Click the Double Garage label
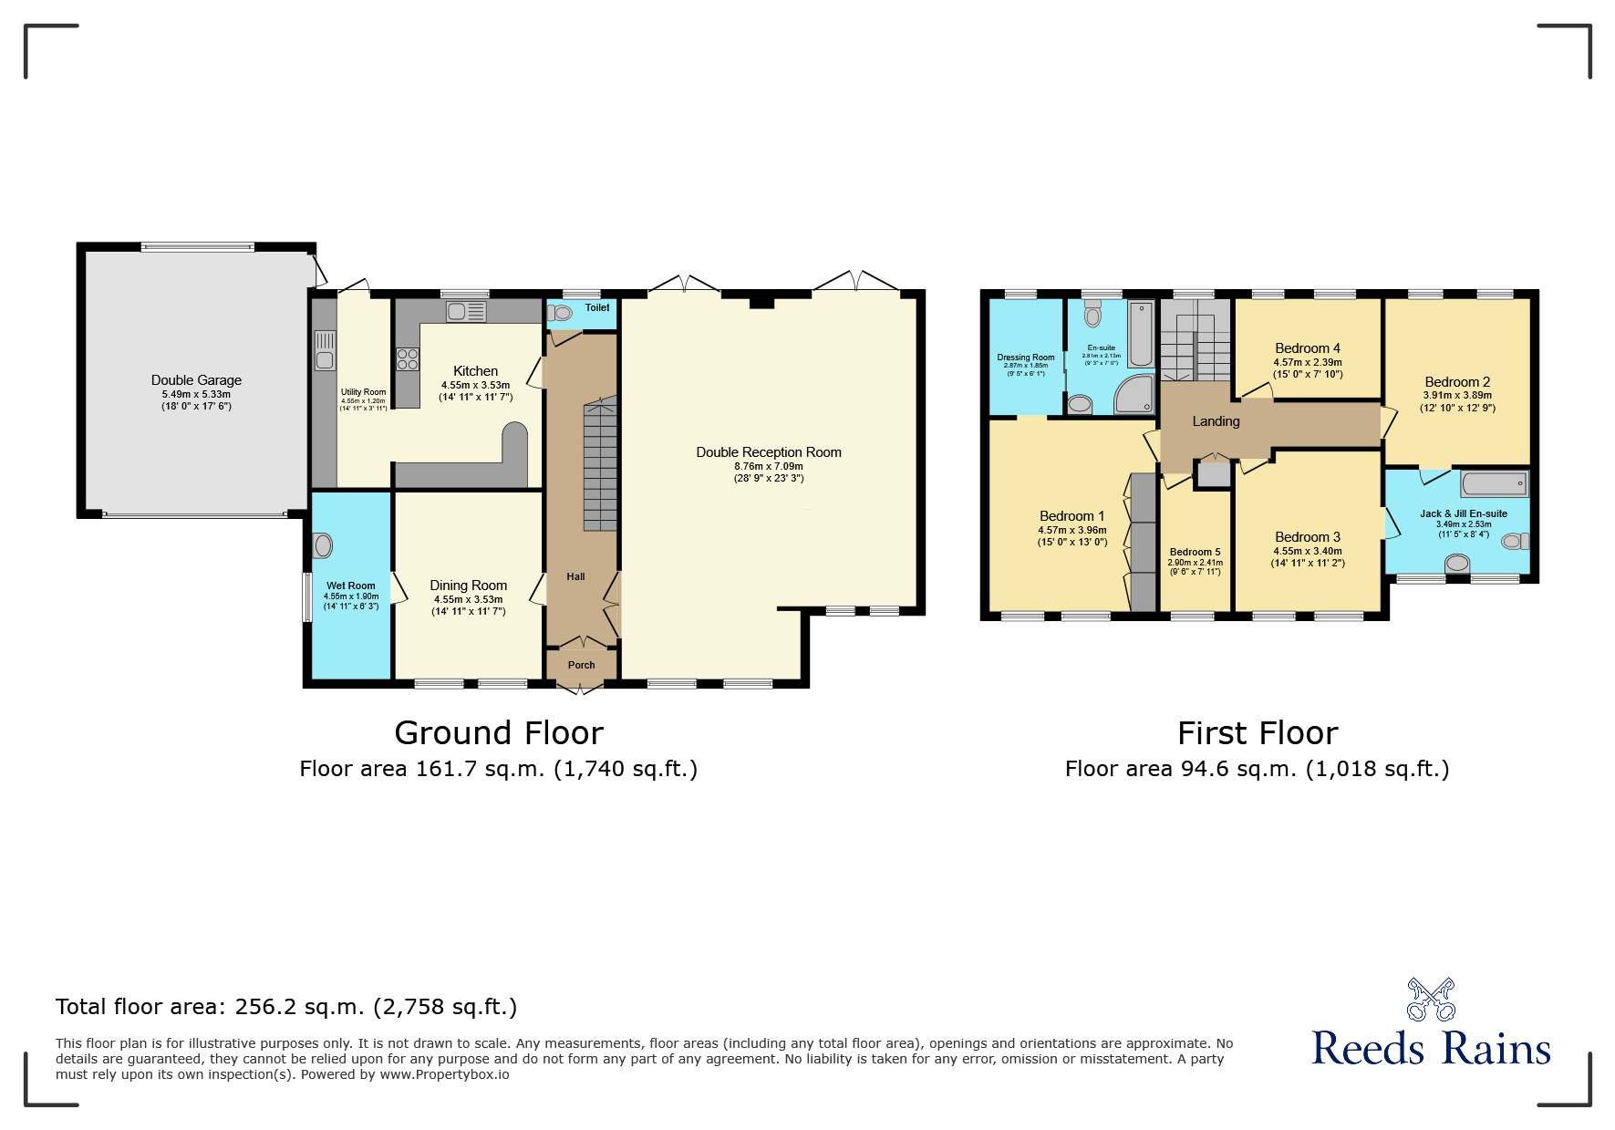pos(196,380)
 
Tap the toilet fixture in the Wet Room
pos(322,545)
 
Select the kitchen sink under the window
pos(466,312)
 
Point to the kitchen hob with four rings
pos(408,358)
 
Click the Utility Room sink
pos(325,350)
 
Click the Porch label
pos(581,665)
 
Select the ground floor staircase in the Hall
pos(600,465)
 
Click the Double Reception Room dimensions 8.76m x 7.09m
pos(768,466)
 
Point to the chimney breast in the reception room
pos(761,303)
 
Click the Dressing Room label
pos(1025,358)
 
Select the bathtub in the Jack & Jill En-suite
pos(1494,483)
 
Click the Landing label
pos(1216,421)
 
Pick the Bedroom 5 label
pos(1195,552)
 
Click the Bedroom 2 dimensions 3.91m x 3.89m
pos(1457,396)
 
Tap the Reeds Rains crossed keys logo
pos(1431,1000)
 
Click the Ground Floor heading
pos(499,733)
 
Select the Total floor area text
pos(286,1007)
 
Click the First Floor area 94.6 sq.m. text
pos(1257,769)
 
